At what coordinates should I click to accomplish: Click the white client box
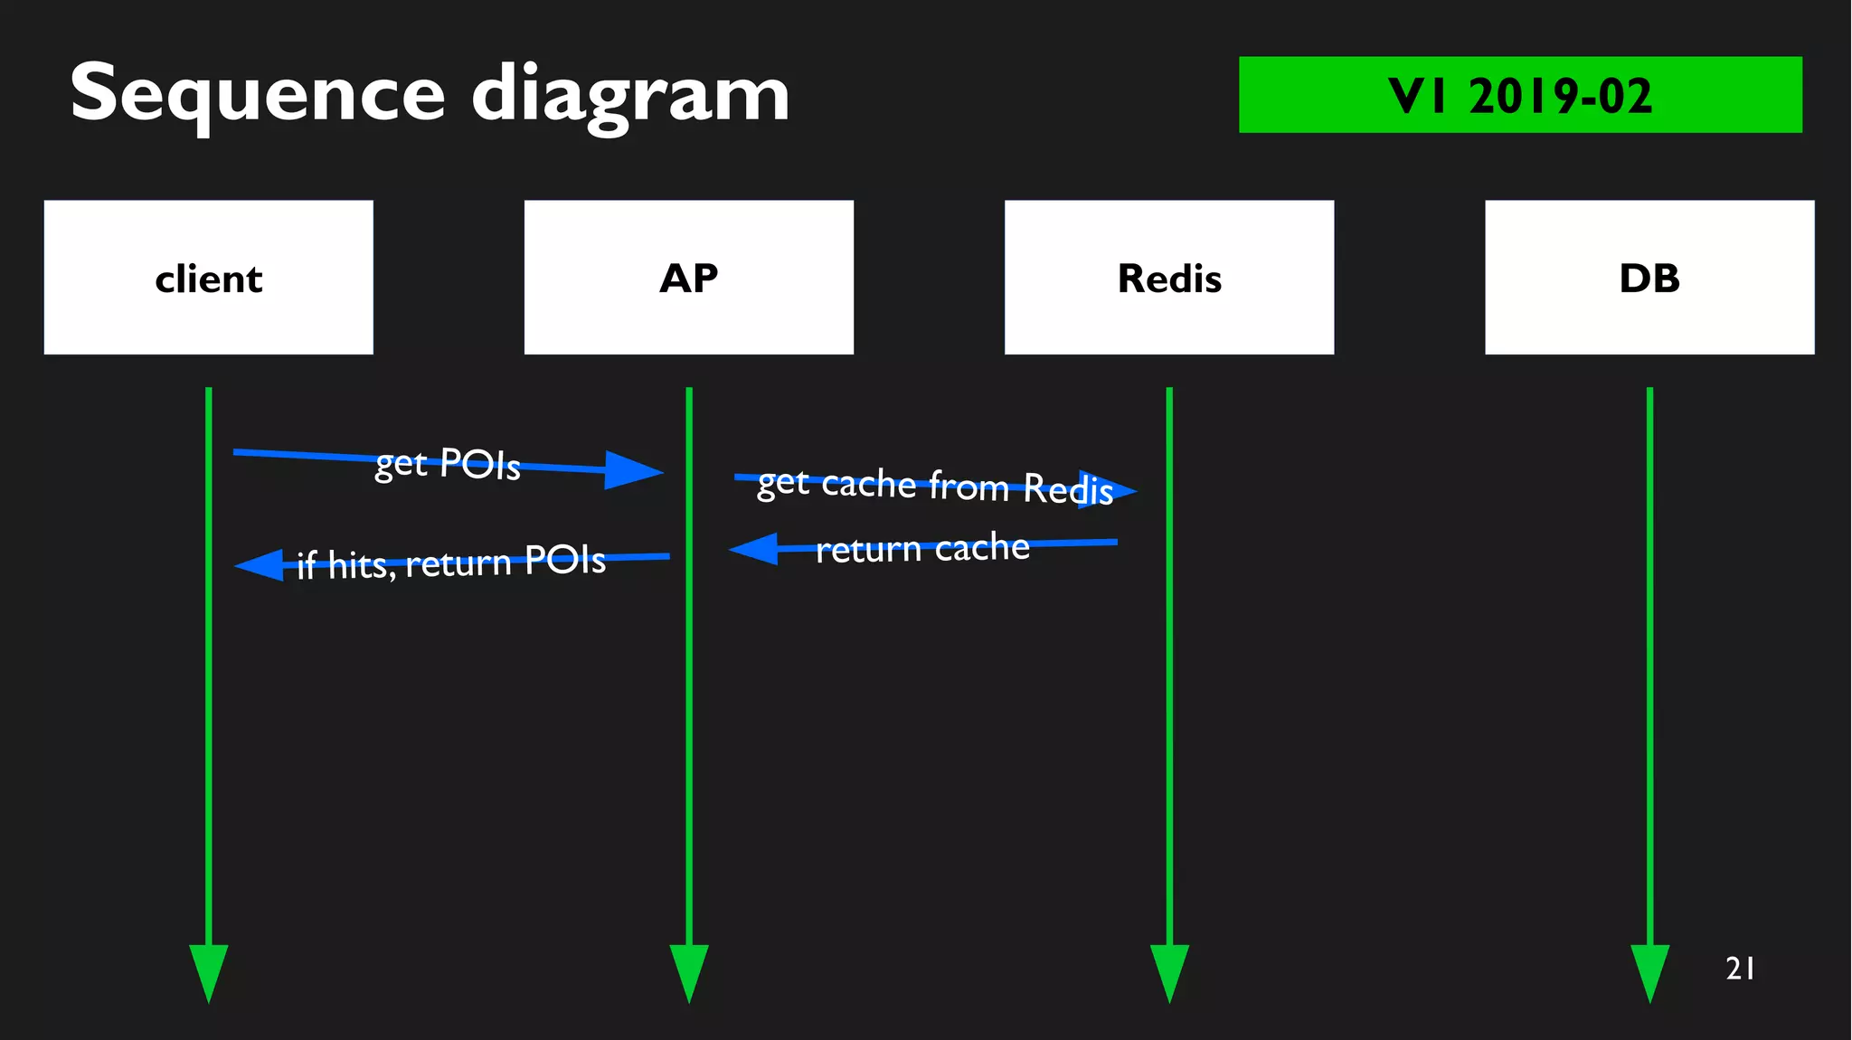pyautogui.click(x=208, y=277)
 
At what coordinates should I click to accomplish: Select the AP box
pyautogui.click(x=688, y=277)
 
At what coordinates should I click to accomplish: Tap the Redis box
pyautogui.click(x=1168, y=277)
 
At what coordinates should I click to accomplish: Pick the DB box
pyautogui.click(x=1649, y=277)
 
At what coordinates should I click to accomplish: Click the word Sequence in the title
pyautogui.click(x=258, y=94)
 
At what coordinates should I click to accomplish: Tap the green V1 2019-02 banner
pyautogui.click(x=1519, y=95)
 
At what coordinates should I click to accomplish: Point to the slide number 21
pyautogui.click(x=1740, y=969)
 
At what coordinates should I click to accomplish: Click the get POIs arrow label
pyautogui.click(x=448, y=464)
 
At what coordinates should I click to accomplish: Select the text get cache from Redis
pyautogui.click(x=934, y=486)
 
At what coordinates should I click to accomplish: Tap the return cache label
pyautogui.click(x=922, y=548)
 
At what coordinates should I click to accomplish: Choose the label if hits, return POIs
pyautogui.click(x=451, y=563)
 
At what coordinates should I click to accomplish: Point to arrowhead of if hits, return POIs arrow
pyautogui.click(x=260, y=565)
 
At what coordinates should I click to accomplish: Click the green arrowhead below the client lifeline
pyautogui.click(x=208, y=971)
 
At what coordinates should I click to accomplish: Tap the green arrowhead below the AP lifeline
pyautogui.click(x=688, y=971)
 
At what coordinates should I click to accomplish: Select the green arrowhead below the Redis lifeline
pyautogui.click(x=1168, y=971)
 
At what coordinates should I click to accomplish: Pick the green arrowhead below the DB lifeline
pyautogui.click(x=1649, y=971)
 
